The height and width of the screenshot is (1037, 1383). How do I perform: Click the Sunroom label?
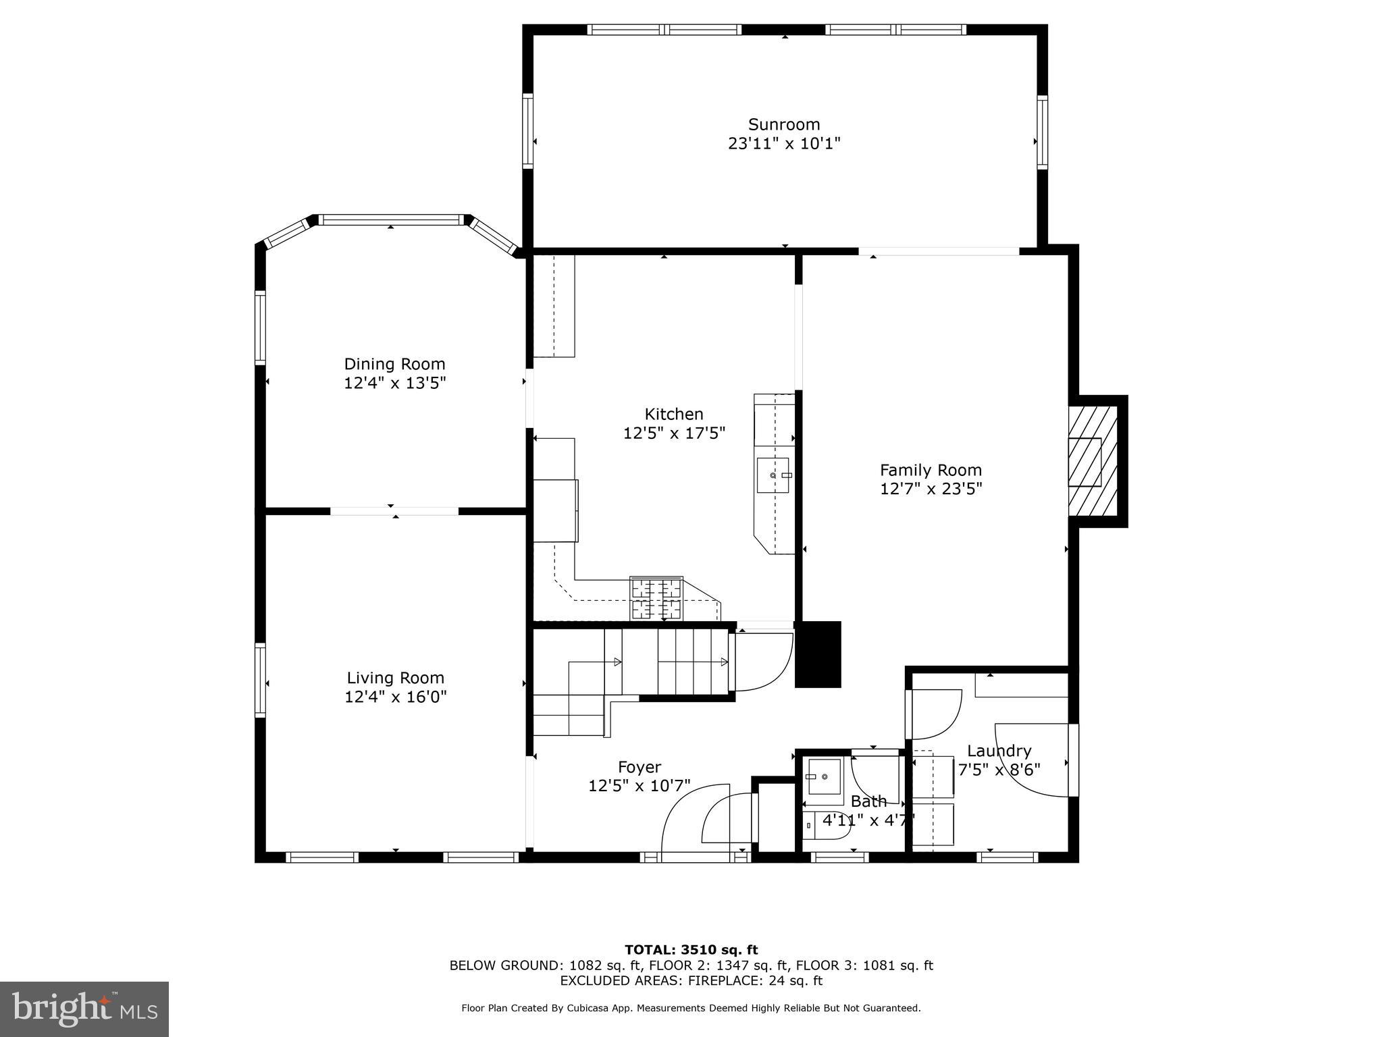click(783, 125)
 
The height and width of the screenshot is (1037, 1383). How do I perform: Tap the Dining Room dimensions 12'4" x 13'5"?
click(395, 383)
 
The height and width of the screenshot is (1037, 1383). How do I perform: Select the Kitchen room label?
click(673, 414)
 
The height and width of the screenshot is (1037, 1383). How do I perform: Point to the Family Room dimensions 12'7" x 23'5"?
click(931, 489)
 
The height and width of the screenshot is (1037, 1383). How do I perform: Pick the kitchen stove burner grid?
click(656, 598)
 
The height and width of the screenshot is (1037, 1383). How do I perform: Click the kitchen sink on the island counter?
click(773, 475)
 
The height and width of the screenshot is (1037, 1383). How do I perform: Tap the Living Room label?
click(395, 678)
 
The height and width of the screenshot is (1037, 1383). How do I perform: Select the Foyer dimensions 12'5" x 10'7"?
click(639, 786)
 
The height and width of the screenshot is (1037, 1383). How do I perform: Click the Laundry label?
click(999, 751)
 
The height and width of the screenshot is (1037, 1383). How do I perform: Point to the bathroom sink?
click(824, 776)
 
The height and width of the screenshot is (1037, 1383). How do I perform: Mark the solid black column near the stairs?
click(818, 654)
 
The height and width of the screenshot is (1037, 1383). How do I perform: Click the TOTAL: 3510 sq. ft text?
click(691, 950)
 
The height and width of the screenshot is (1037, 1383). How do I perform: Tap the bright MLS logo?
click(84, 1009)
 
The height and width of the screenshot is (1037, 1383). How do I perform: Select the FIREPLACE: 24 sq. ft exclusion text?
click(756, 981)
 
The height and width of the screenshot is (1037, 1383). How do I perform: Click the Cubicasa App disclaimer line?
click(691, 1008)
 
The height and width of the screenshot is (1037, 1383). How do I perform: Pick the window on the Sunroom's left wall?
click(527, 131)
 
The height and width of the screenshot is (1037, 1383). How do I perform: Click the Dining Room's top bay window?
click(390, 220)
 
